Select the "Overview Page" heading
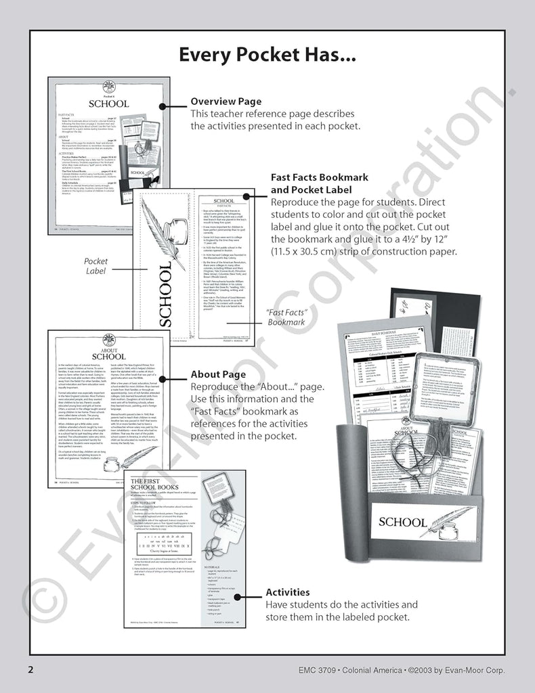click(x=226, y=102)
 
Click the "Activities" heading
click(x=287, y=592)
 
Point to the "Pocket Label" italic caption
click(x=95, y=265)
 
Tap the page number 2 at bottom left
click(x=30, y=670)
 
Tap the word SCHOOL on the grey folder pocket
click(x=402, y=522)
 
